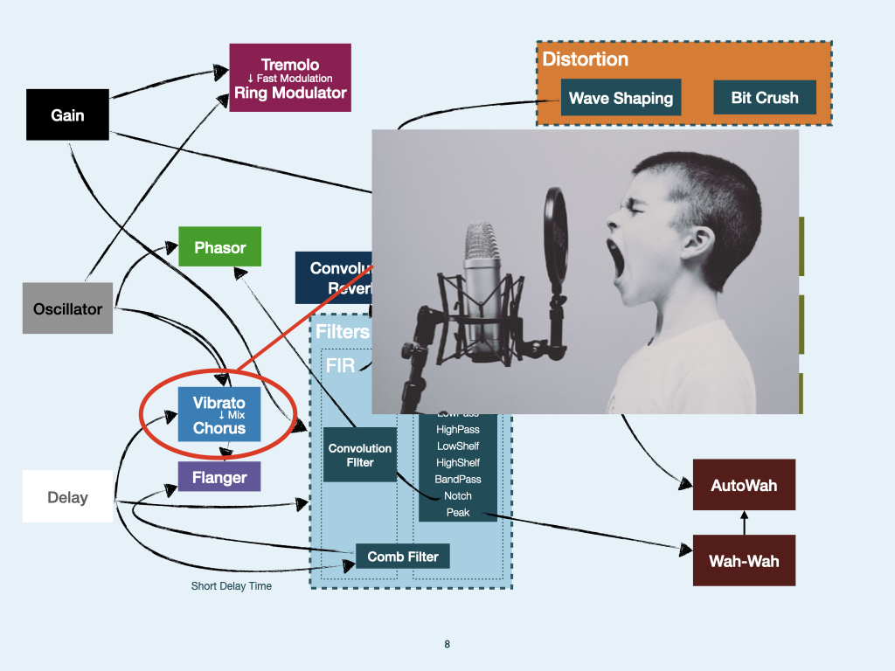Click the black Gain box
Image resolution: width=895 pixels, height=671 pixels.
pos(67,114)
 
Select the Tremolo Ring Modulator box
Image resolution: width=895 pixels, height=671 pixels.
pos(290,78)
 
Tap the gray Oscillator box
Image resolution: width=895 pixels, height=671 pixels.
pos(67,308)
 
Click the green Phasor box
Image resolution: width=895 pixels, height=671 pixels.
pos(219,247)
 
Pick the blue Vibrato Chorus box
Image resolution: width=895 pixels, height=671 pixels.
pos(219,415)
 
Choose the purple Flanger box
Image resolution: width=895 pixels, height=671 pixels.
pos(219,477)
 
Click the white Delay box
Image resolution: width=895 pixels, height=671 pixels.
pos(67,496)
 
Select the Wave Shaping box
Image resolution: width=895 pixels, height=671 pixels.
pos(621,98)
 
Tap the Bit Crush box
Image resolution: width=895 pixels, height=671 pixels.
pos(765,98)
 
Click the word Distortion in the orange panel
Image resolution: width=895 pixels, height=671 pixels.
pos(585,59)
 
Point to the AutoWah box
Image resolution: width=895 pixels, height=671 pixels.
pos(744,485)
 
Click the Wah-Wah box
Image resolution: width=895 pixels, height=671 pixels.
pos(744,560)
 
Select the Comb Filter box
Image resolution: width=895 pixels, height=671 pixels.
pos(402,556)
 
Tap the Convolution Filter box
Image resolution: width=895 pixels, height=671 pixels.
pos(360,454)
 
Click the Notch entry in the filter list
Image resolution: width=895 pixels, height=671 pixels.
pos(458,495)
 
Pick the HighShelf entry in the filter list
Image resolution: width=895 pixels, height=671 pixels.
pos(458,462)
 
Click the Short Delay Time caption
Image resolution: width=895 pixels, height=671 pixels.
pos(232,586)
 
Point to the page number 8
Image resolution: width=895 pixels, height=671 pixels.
pos(447,645)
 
